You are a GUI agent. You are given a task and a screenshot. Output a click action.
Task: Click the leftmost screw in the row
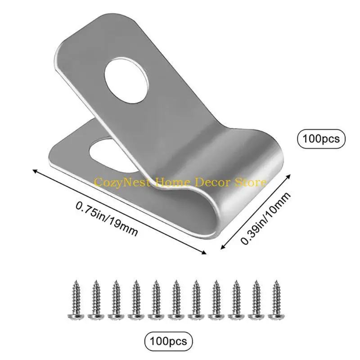(75, 300)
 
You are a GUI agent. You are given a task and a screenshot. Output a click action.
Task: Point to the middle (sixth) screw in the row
(175, 300)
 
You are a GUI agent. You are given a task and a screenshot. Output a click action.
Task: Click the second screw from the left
(95, 300)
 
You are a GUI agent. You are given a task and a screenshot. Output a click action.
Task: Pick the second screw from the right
(255, 300)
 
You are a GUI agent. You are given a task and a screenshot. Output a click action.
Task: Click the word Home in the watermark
(172, 183)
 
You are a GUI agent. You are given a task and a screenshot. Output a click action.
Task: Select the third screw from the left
(115, 300)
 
